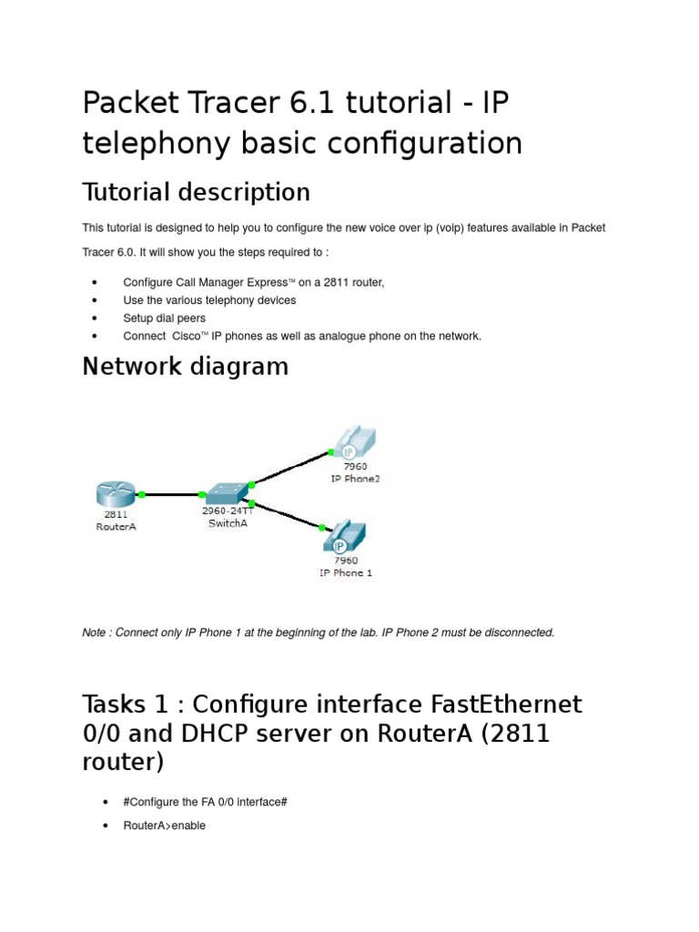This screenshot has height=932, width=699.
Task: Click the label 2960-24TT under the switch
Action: click(227, 512)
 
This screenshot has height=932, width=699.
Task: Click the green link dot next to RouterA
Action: click(142, 494)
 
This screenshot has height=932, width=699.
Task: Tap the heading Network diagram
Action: click(185, 367)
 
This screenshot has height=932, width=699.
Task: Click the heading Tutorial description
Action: click(196, 192)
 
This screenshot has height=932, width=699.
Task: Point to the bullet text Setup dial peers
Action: click(164, 319)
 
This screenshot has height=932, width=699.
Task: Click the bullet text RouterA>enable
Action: click(164, 826)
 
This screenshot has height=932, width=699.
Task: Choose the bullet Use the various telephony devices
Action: click(209, 300)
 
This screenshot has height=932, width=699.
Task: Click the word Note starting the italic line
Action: click(94, 633)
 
